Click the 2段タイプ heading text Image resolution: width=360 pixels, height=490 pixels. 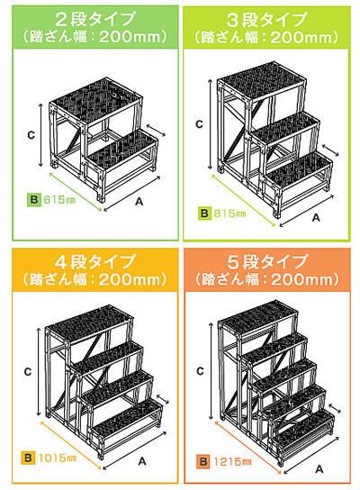tap(95, 19)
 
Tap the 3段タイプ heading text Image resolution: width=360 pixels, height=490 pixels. tap(266, 20)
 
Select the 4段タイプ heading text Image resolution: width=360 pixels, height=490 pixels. tap(94, 261)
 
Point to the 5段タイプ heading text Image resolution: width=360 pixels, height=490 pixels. tap(267, 261)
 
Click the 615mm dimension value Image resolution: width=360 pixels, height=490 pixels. tap(59, 199)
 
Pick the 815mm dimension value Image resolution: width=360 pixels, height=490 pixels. tap(229, 213)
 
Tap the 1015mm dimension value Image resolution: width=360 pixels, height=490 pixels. tap(58, 458)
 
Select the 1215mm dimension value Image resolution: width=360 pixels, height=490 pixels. tap(232, 461)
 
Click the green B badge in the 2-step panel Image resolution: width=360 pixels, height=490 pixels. tap(34, 200)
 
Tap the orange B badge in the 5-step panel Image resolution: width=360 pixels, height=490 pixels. tap(203, 461)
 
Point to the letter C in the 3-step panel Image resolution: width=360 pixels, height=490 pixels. tap(199, 124)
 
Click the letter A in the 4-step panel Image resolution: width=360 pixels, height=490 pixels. tap(142, 461)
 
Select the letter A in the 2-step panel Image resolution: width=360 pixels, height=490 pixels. tap(139, 202)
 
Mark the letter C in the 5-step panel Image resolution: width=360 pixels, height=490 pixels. tap(200, 371)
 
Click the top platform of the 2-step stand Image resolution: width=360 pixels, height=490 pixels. tap(96, 101)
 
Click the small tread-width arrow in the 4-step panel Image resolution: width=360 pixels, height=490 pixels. tap(162, 399)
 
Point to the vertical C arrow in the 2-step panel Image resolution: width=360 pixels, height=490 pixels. tap(40, 135)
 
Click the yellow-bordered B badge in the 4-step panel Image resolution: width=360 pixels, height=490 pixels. tap(28, 458)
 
